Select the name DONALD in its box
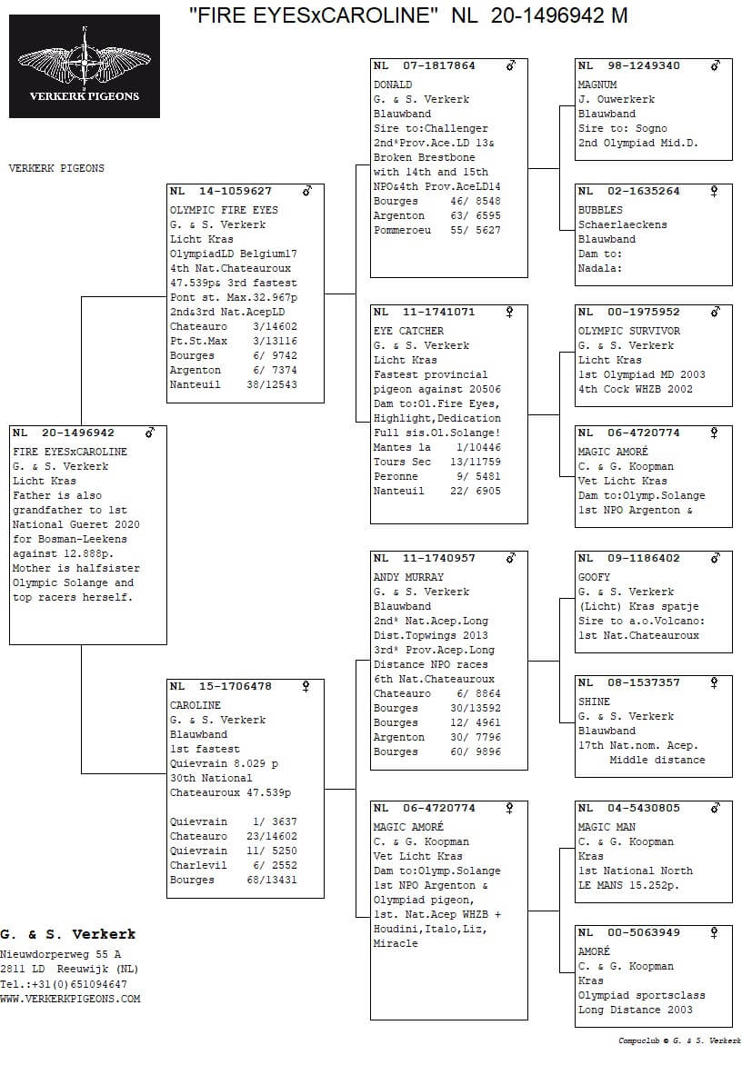coord(393,85)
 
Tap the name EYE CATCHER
coord(408,332)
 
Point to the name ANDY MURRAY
coord(408,578)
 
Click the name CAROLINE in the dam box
coord(195,705)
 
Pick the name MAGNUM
coord(597,85)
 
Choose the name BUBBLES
coord(600,211)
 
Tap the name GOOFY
coord(594,578)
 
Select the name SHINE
coord(594,702)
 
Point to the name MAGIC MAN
coord(607,828)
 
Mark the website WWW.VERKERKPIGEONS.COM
coord(70,1000)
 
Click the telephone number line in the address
coord(64,985)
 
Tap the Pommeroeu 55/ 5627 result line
coord(436,231)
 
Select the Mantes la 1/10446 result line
coord(436,448)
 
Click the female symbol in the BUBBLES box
coord(715,192)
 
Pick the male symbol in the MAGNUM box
coord(716,66)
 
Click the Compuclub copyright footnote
coord(679,1041)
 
